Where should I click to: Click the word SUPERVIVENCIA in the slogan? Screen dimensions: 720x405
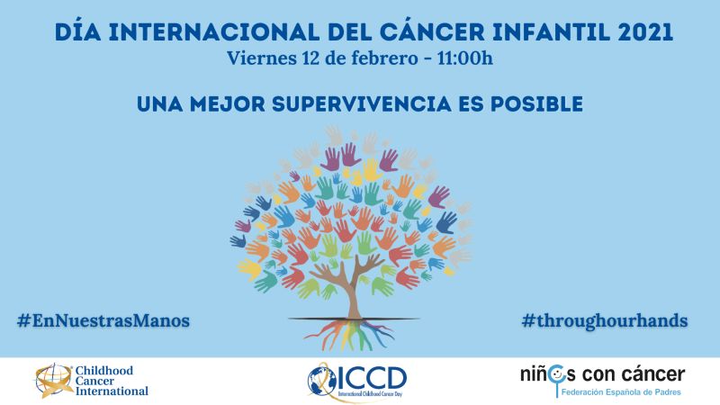pos(362,103)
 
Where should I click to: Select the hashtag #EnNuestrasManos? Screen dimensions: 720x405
pos(103,320)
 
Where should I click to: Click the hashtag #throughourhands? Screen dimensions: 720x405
pos(605,320)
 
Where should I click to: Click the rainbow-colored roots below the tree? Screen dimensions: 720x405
pos(350,334)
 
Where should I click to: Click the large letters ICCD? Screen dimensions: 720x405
pos(372,377)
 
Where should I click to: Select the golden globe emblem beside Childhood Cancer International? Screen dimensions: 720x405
pos(54,380)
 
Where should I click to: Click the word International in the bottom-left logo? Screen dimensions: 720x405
pos(112,391)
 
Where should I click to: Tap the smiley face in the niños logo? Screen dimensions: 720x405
pos(556,374)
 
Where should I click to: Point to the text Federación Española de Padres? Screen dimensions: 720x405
pos(621,392)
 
